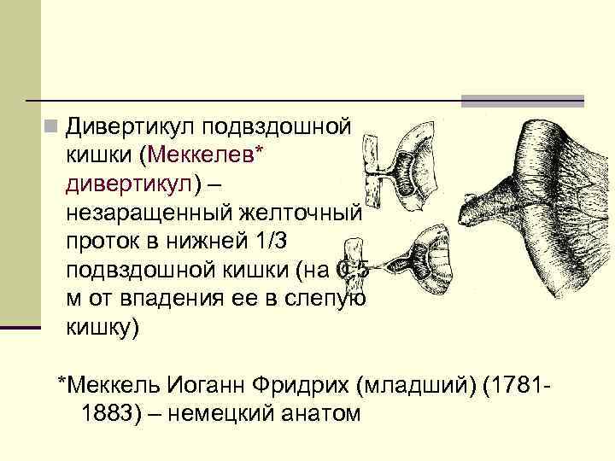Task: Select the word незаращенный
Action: point(138,210)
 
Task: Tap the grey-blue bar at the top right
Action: point(522,101)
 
